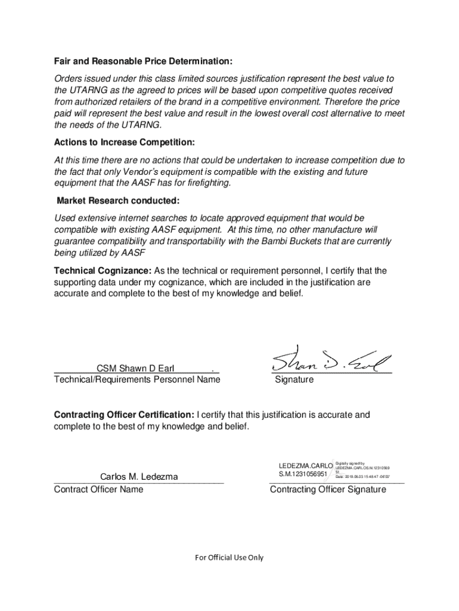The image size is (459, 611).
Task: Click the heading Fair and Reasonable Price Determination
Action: coord(143,61)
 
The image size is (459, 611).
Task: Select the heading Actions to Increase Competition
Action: coord(125,143)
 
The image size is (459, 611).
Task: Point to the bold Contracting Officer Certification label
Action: coord(124,415)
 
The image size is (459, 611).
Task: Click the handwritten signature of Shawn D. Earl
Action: coord(331,360)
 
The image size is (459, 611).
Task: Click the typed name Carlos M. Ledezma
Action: coord(139,477)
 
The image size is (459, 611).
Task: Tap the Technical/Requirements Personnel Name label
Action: coord(137,379)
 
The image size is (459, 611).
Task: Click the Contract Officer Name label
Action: coord(99,489)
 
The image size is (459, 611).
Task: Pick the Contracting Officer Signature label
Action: coord(328,490)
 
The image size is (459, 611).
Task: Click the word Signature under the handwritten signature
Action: coord(294,380)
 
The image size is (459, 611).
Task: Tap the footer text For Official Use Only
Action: coord(229,557)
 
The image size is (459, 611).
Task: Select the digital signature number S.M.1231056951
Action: coord(303,475)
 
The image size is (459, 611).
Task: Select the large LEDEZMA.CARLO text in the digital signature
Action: coord(303,466)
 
